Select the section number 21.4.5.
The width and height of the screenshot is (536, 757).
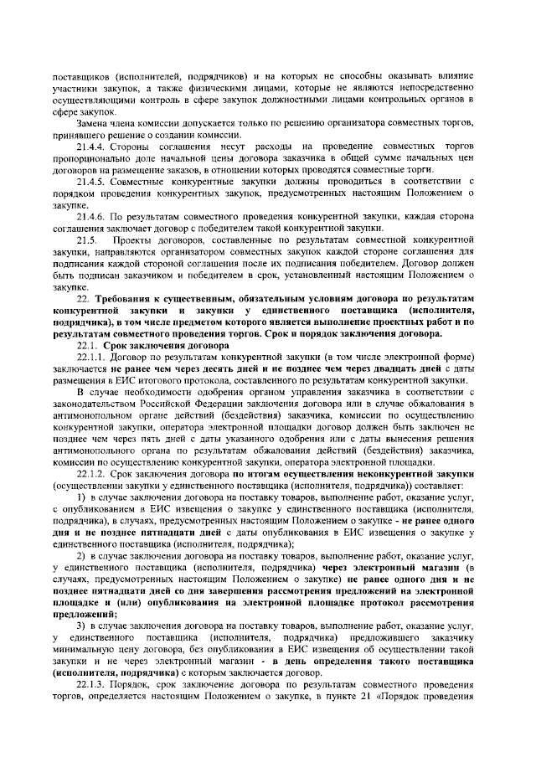coord(93,182)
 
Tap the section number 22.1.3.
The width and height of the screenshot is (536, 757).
coord(93,683)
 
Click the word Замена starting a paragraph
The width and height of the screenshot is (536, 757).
coord(93,124)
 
